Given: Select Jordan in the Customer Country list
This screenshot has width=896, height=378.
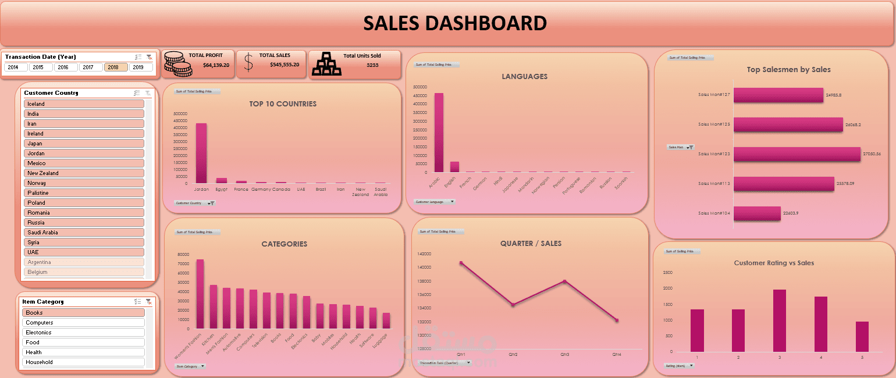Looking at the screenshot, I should coord(84,154).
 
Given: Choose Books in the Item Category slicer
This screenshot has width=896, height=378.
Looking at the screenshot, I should coord(84,313).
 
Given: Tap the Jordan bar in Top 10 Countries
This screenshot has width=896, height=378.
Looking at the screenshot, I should coord(201,154).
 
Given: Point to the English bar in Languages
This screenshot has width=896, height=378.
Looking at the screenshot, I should coord(454,167).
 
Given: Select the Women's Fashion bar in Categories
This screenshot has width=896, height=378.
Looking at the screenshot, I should coord(200,294).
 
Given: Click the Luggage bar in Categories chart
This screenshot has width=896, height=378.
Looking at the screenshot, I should coord(386,320).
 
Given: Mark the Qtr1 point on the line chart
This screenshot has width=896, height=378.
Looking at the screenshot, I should coord(461,263).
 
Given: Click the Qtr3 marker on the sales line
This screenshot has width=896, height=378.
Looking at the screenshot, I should coord(564,281).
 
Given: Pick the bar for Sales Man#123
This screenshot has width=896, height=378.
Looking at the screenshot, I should coord(796,154).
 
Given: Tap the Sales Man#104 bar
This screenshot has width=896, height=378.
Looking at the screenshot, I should coord(756,213).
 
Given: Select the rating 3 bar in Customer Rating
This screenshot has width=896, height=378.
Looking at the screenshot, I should coord(780,320).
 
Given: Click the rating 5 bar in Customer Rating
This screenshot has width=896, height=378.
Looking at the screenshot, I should coord(862,337).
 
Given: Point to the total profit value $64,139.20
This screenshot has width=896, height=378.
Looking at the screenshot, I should coord(216,65).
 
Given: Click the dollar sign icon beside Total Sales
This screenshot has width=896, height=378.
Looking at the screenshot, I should coord(248,62).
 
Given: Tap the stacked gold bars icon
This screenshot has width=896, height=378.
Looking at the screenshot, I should coord(326,63).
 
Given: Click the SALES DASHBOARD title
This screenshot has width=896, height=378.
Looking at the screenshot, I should coord(455,23).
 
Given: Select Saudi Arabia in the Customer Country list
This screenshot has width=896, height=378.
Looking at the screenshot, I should coord(84,233).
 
